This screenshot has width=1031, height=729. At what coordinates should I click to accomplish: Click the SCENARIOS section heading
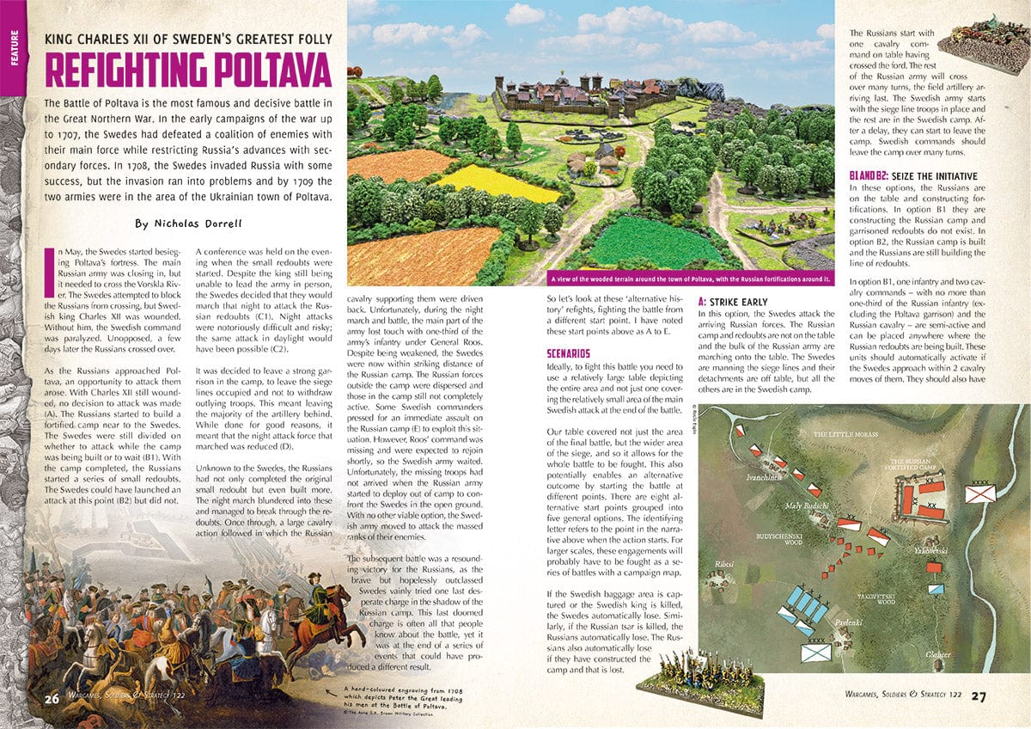click(x=568, y=353)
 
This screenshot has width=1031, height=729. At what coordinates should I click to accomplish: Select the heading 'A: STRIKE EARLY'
click(x=733, y=303)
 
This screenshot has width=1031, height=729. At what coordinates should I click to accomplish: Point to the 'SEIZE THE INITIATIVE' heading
click(x=915, y=176)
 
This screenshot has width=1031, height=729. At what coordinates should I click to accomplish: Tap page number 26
click(x=52, y=698)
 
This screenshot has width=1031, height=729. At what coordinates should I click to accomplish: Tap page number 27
click(x=978, y=696)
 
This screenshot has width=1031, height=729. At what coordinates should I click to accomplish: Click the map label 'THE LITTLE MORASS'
click(x=845, y=435)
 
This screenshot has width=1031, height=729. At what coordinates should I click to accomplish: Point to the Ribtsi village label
click(x=714, y=564)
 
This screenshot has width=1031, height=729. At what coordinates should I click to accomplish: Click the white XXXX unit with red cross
click(x=979, y=493)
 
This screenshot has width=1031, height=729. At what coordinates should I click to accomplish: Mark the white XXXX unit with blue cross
click(x=815, y=652)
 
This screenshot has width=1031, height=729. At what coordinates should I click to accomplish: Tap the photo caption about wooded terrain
click(x=692, y=279)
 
